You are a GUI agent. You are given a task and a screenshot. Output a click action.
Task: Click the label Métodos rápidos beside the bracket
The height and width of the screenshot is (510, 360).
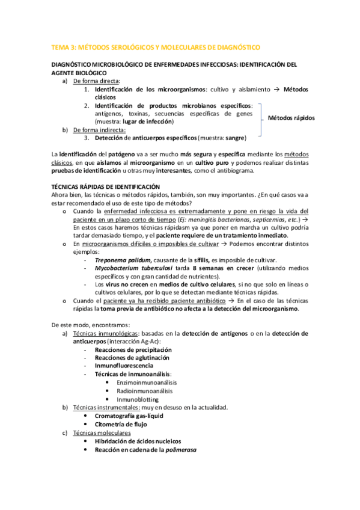tap(291, 118)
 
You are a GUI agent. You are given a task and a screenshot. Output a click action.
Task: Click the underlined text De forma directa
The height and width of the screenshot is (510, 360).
tap(96, 81)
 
